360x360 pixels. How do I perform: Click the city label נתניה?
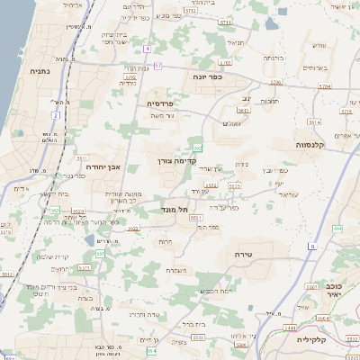click(39, 70)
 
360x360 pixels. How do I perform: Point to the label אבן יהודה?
click(103, 166)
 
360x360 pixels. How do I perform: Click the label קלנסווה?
click(315, 143)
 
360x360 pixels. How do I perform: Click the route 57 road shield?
click(158, 65)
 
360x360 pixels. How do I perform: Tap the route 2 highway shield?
click(55, 116)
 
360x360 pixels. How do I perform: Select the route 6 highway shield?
click(312, 245)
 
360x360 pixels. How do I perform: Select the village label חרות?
click(165, 240)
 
